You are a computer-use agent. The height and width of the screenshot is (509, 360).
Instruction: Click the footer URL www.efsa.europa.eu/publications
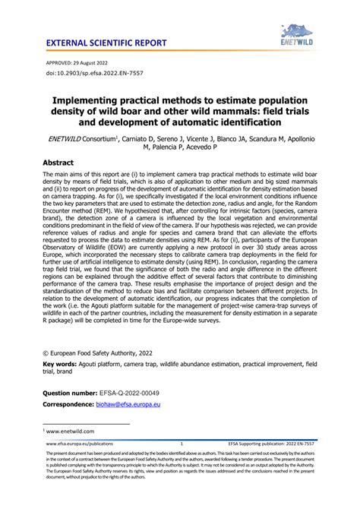pyautogui.click(x=80, y=443)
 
